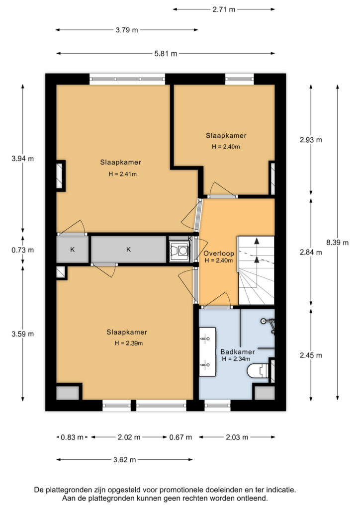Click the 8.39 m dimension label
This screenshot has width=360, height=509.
click(x=337, y=243)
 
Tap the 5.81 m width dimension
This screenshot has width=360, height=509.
click(x=166, y=54)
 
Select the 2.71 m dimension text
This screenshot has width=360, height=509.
click(x=224, y=9)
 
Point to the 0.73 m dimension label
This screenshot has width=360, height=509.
click(x=23, y=250)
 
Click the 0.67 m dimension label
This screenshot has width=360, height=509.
click(x=180, y=437)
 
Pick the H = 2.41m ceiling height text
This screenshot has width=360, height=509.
click(x=122, y=174)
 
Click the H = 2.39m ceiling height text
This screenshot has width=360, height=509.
click(x=129, y=343)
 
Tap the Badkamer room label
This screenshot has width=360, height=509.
click(x=238, y=351)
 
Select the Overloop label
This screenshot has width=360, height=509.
click(x=219, y=254)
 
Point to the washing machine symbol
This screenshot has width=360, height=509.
click(x=179, y=251)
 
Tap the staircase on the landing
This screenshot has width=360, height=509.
click(x=257, y=270)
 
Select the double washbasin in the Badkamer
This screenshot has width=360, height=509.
click(x=208, y=352)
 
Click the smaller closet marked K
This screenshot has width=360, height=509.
click(x=73, y=250)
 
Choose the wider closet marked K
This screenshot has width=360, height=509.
click(x=129, y=250)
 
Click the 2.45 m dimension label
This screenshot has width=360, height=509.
click(x=311, y=355)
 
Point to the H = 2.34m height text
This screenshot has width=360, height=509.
click(x=236, y=359)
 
